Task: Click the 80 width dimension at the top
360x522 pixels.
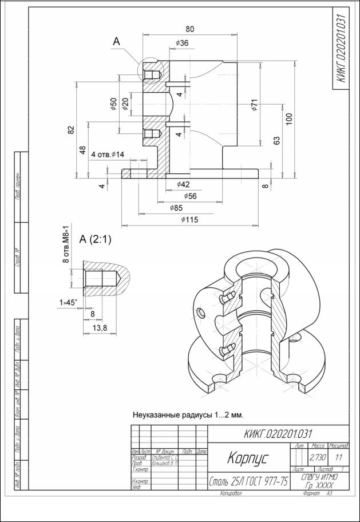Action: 189,29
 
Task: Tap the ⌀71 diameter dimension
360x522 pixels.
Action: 255,106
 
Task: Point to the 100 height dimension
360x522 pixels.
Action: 290,118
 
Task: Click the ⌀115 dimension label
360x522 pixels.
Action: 189,219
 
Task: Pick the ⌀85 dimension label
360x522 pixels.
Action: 176,207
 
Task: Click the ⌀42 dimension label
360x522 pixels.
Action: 183,184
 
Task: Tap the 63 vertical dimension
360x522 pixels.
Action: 277,141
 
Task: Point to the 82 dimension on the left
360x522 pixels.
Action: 71,129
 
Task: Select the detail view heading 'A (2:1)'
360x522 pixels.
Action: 95,240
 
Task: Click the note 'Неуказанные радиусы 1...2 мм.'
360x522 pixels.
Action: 196,414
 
